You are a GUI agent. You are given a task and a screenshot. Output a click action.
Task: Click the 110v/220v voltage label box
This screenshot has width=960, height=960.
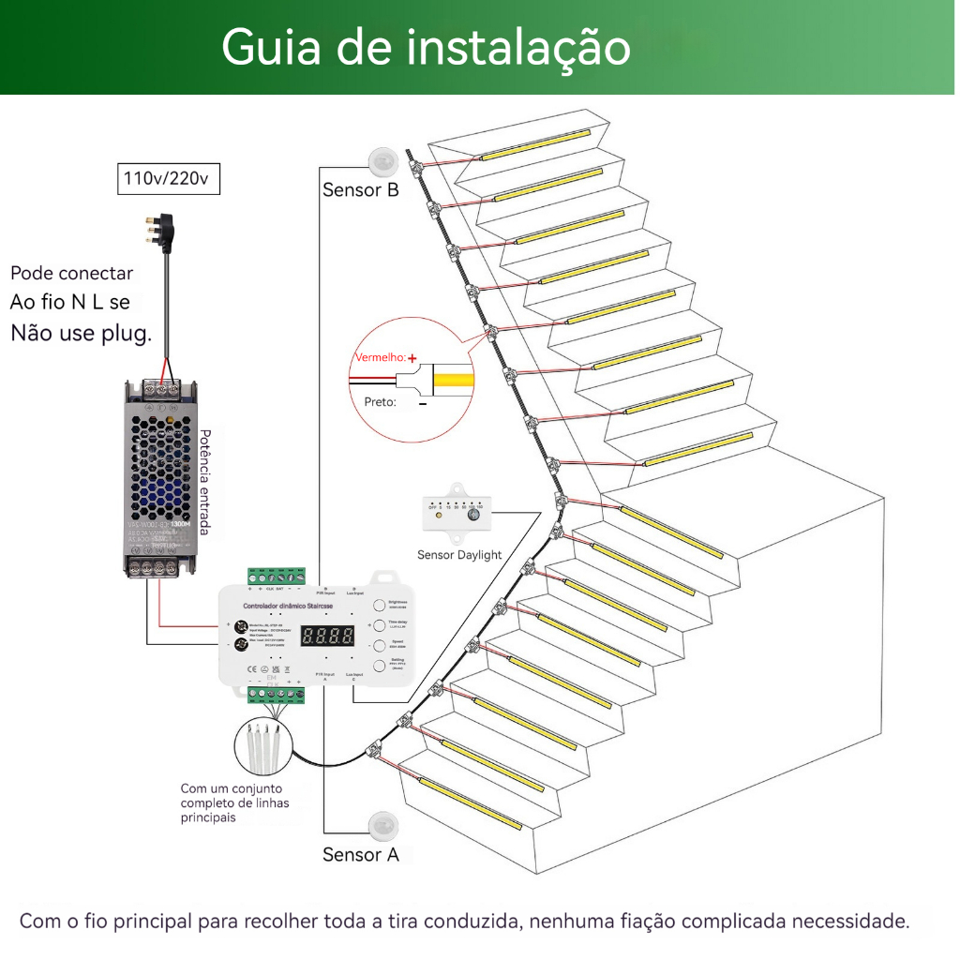tap(169, 177)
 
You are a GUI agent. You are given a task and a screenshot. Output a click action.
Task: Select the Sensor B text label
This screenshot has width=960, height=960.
tap(361, 190)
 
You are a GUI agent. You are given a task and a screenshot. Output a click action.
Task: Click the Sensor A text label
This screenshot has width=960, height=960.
tap(361, 854)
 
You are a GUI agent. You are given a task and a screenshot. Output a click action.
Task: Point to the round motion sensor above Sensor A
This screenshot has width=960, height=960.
tap(384, 824)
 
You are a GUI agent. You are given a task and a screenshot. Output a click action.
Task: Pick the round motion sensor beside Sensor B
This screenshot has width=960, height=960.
tap(384, 161)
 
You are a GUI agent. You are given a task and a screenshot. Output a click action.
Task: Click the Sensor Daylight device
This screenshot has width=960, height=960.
tap(459, 516)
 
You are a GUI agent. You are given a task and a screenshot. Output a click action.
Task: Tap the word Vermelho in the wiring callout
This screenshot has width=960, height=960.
tap(380, 358)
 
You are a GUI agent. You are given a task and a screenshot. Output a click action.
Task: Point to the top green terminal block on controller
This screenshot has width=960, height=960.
tap(277, 576)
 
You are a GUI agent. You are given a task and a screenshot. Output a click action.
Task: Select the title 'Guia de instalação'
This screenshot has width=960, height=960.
tap(426, 46)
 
